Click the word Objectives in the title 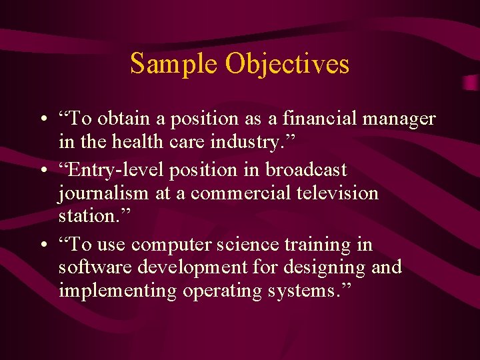(x=287, y=64)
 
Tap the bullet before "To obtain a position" (x=42, y=120)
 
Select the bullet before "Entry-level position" (x=42, y=171)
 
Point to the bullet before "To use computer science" (x=42, y=246)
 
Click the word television (x=334, y=194)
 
